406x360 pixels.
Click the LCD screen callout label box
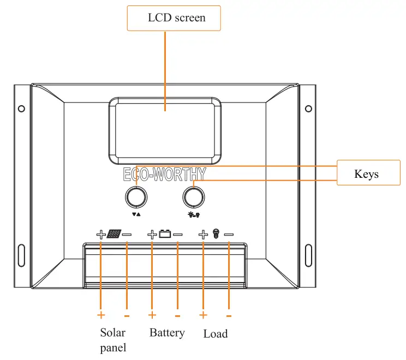174,18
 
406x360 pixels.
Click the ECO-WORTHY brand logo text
165,175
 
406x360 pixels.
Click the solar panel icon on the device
114,235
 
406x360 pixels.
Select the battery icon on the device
165,235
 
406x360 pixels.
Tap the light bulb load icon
216,235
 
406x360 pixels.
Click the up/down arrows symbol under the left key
136,214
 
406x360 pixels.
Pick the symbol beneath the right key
193,214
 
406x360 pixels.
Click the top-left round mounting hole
21,108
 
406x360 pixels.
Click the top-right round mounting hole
308,108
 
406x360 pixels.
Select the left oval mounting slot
21,255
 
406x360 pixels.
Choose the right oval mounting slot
308,255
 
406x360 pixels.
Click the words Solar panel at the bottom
113,340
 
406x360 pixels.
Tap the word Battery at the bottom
167,333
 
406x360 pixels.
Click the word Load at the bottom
216,333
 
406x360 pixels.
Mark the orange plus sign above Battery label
152,315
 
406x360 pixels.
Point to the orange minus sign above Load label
229,316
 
